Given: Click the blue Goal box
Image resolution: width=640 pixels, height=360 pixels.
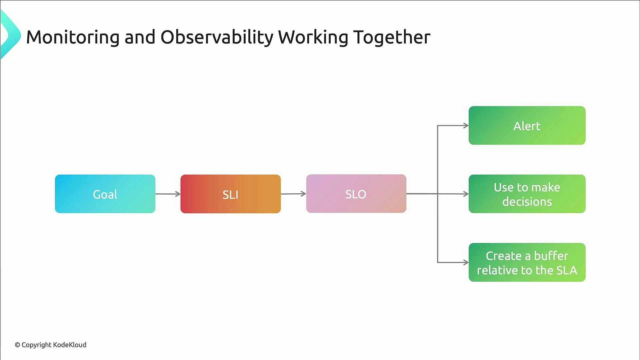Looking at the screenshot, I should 105,194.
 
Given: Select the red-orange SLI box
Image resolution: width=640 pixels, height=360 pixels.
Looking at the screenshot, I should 230,194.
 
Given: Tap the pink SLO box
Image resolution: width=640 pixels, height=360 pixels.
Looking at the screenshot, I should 356,194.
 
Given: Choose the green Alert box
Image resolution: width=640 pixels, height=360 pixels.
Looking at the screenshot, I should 527,125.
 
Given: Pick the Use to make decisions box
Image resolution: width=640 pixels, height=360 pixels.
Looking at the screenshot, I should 527,194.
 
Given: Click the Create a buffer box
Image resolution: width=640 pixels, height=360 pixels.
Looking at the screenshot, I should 527,262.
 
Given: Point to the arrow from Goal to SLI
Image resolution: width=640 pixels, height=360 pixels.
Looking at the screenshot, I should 168,194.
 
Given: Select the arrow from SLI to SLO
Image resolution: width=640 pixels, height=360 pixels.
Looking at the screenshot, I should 293,194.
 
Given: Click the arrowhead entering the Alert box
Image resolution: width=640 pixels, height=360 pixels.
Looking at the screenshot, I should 466,126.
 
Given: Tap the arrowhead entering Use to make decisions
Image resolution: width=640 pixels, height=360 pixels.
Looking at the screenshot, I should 466,194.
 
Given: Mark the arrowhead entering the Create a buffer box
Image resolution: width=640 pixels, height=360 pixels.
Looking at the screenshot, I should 466,262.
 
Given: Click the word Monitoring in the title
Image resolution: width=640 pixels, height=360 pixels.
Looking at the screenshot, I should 73,37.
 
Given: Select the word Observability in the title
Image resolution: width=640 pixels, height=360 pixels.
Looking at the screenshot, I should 217,37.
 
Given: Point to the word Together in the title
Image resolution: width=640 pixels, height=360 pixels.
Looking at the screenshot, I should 392,37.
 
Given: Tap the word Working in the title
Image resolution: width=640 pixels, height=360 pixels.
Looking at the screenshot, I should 313,37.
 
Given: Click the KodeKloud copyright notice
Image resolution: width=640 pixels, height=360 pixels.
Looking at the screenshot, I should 50,345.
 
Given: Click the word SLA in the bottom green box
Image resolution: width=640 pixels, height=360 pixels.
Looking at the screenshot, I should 567,270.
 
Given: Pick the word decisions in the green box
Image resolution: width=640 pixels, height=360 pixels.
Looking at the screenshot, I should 527,202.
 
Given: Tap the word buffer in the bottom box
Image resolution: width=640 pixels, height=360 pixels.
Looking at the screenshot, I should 551,256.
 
